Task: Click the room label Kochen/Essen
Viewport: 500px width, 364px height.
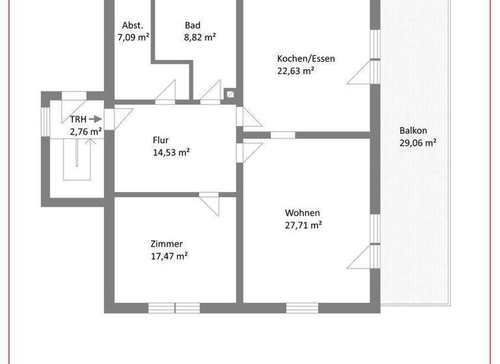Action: [x=306, y=58]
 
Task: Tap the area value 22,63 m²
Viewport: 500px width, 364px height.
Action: [x=296, y=71]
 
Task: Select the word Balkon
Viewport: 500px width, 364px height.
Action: [x=413, y=129]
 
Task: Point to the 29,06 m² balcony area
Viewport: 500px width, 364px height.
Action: [x=417, y=142]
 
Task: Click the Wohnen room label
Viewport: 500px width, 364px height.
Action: [x=302, y=213]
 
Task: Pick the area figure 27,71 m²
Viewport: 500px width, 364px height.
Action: [x=303, y=226]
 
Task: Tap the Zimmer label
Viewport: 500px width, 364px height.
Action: [x=166, y=244]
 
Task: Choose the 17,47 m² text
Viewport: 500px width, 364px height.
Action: [x=169, y=256]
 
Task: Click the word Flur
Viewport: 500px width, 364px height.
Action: [x=161, y=140]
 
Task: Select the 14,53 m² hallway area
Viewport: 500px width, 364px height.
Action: [x=171, y=153]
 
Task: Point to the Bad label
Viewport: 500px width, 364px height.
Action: [x=192, y=25]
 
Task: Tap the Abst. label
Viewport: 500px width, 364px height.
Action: [x=132, y=25]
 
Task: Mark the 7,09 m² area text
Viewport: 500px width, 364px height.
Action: [x=133, y=38]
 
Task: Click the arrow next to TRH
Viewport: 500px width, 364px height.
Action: [x=95, y=119]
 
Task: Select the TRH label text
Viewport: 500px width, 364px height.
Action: [x=78, y=119]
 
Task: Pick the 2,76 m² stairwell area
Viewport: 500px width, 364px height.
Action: [x=86, y=131]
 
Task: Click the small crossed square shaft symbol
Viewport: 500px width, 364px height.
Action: [x=230, y=94]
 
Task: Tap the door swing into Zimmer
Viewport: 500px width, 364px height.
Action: [x=210, y=201]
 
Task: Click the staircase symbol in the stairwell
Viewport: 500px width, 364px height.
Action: [x=77, y=159]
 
